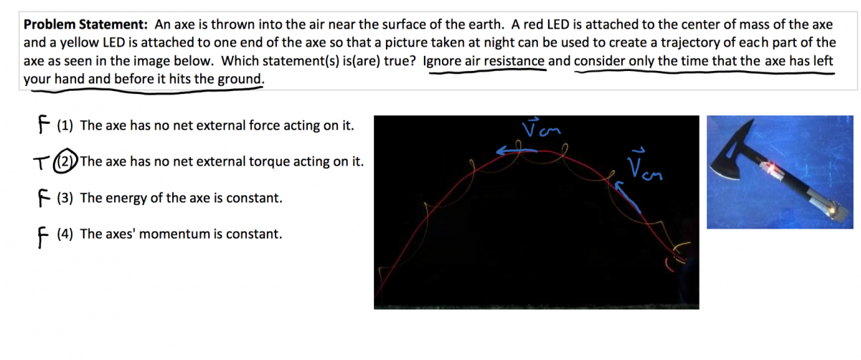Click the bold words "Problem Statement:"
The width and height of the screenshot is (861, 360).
[85, 24]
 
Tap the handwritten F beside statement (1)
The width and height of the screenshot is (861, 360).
[44, 124]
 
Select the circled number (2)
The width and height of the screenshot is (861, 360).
[65, 161]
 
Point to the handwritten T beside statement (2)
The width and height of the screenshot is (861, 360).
[41, 163]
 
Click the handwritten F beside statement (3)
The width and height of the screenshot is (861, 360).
[44, 198]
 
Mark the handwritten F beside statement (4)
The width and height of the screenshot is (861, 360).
[43, 237]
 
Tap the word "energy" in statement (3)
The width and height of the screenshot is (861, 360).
[126, 198]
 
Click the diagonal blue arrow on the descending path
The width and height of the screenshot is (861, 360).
[627, 196]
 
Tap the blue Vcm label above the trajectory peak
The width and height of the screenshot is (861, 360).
[541, 128]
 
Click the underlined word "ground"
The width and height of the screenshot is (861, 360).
[240, 80]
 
